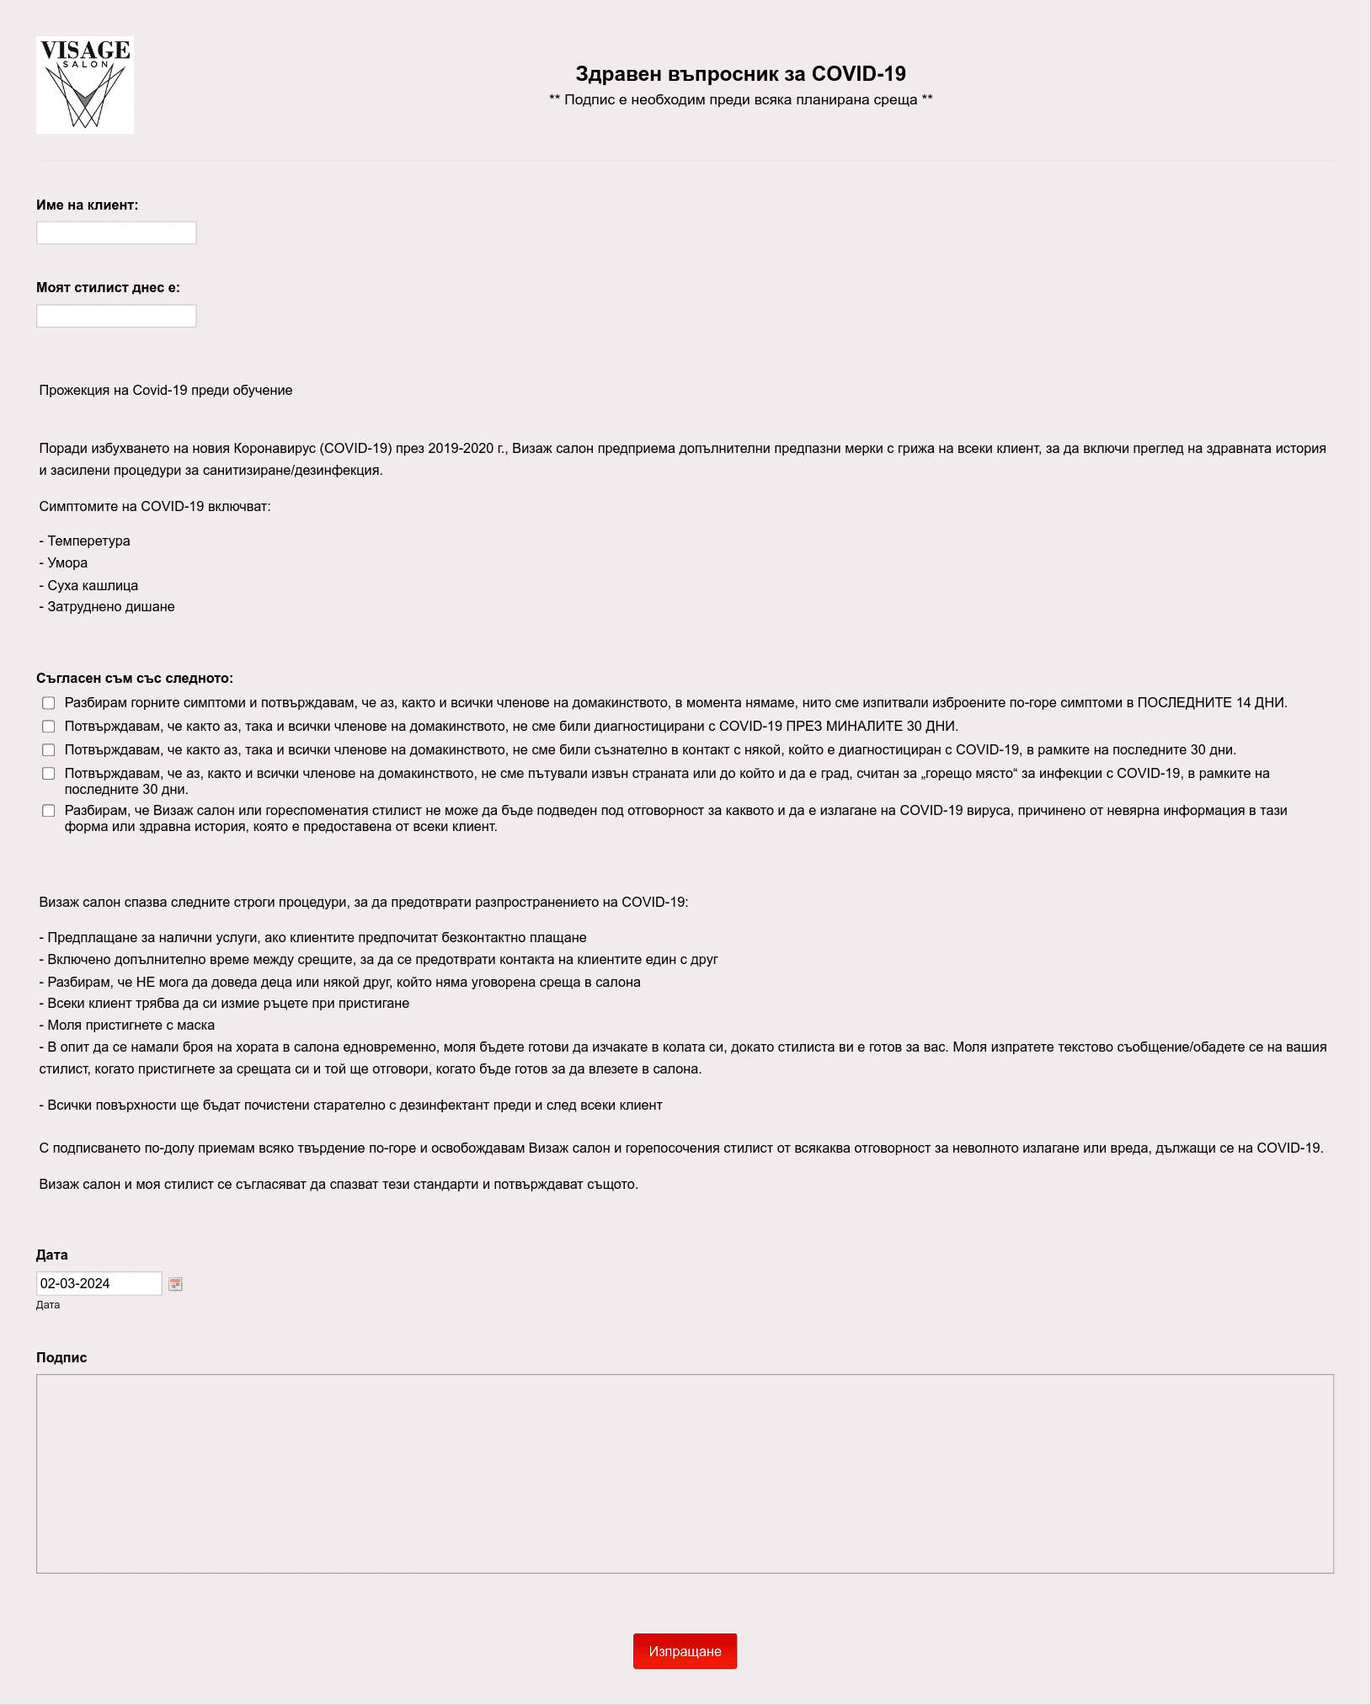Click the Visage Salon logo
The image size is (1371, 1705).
(84, 84)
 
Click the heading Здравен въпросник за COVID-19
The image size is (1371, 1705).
(740, 74)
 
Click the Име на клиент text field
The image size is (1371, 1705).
(116, 233)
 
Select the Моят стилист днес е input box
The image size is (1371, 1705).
(116, 317)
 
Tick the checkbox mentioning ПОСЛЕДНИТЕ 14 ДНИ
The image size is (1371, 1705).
(49, 703)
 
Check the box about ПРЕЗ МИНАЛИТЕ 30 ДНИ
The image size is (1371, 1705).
(49, 727)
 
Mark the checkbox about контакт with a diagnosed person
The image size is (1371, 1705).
(49, 750)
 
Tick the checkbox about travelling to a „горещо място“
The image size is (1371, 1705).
(49, 774)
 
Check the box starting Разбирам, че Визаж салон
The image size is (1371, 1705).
(49, 811)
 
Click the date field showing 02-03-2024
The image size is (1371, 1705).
(99, 1283)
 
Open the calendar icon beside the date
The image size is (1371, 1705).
(175, 1284)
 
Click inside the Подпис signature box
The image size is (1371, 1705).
(684, 1473)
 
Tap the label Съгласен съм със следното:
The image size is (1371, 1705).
(135, 679)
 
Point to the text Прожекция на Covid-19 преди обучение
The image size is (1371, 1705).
(166, 391)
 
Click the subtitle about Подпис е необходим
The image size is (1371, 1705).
(740, 100)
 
